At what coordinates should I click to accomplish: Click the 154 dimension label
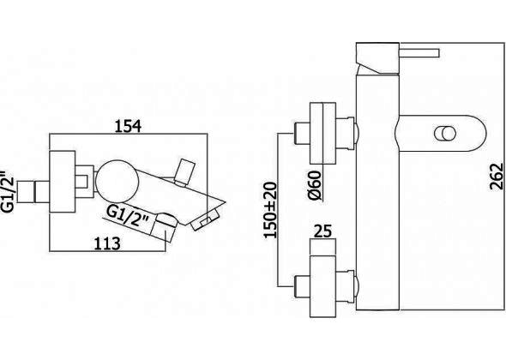tap(128, 126)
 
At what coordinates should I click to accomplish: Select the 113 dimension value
tap(107, 243)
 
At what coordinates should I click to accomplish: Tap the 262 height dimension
tap(497, 177)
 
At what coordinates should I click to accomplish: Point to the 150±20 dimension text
tap(270, 210)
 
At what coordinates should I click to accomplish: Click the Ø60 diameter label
tap(316, 185)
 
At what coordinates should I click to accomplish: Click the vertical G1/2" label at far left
tap(8, 191)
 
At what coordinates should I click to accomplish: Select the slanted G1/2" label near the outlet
tap(128, 217)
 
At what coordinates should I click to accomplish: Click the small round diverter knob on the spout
tap(445, 133)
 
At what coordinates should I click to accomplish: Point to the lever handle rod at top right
tap(419, 53)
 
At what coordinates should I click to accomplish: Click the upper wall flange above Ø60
tap(322, 133)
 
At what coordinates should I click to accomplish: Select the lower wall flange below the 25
tap(322, 286)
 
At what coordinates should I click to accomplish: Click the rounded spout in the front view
tap(440, 133)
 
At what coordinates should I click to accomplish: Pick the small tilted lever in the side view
tap(184, 171)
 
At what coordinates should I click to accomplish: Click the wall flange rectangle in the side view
tap(63, 182)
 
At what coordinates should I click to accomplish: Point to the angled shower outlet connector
tap(164, 227)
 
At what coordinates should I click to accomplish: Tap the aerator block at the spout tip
tap(205, 220)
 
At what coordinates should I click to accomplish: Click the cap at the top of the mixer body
tap(377, 57)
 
